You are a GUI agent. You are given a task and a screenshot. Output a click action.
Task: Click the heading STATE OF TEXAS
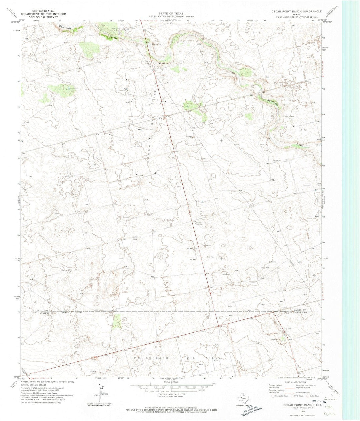[x=171, y=14]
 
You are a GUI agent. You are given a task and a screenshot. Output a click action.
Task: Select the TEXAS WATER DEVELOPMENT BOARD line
[x=171, y=16]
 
